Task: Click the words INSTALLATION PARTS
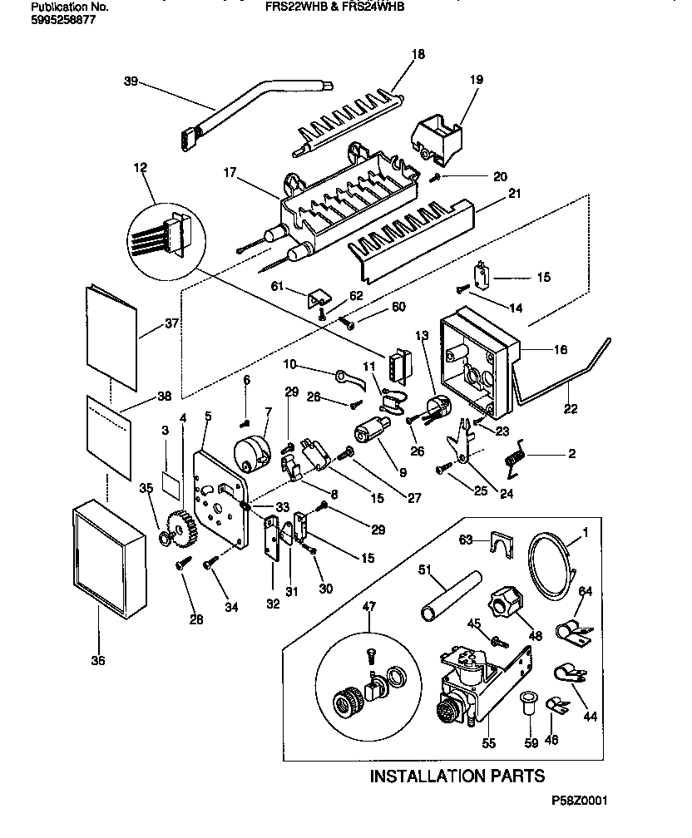pos(457,776)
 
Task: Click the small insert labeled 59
pos(527,704)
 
